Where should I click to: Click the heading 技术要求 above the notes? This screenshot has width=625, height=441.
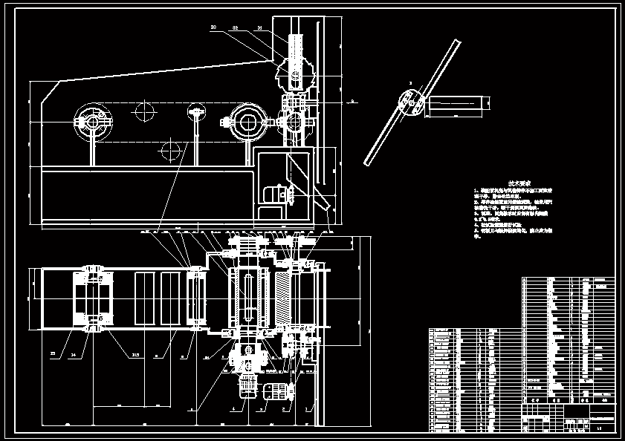pyautogui.click(x=518, y=183)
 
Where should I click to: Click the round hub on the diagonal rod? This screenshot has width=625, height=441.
pyautogui.click(x=410, y=103)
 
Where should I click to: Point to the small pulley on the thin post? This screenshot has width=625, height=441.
pyautogui.click(x=197, y=112)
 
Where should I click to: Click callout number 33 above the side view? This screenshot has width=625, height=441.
pyautogui.click(x=213, y=27)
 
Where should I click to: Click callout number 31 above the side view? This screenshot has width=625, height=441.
pyautogui.click(x=259, y=27)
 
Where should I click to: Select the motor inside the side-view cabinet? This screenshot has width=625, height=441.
pyautogui.click(x=277, y=195)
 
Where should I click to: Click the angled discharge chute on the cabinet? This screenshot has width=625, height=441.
pyautogui.click(x=321, y=197)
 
